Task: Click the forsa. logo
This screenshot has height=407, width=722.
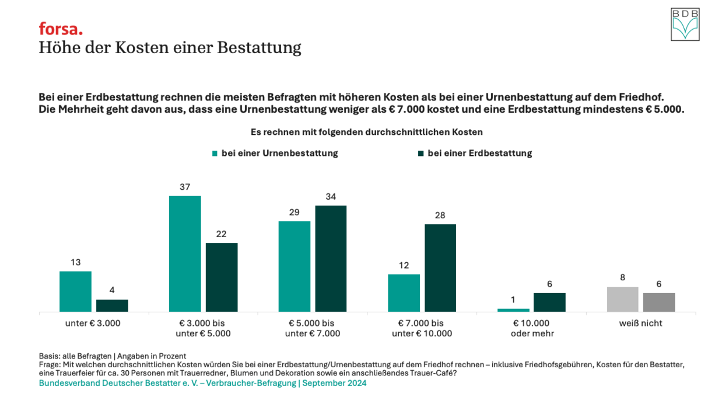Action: pyautogui.click(x=61, y=29)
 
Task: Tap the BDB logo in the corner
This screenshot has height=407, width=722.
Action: pyautogui.click(x=685, y=25)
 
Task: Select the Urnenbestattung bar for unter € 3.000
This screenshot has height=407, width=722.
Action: pyautogui.click(x=75, y=291)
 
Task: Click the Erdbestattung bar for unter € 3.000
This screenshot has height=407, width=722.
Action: pyautogui.click(x=112, y=305)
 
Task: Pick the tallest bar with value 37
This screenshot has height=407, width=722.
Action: pyautogui.click(x=185, y=253)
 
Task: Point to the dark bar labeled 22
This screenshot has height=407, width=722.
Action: pyautogui.click(x=222, y=277)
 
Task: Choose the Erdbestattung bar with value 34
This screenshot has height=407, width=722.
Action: pyautogui.click(x=331, y=258)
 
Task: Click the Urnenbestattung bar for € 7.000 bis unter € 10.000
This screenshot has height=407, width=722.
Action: pyautogui.click(x=404, y=293)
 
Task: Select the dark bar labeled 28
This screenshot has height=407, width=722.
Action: pyautogui.click(x=440, y=267)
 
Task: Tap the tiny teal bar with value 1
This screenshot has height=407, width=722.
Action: pyautogui.click(x=513, y=309)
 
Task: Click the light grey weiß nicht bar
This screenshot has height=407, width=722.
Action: pyautogui.click(x=622, y=299)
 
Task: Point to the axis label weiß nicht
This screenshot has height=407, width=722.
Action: pyautogui.click(x=640, y=323)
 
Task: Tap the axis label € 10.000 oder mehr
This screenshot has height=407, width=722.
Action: pyautogui.click(x=531, y=328)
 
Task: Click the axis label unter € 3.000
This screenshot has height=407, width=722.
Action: pyautogui.click(x=93, y=323)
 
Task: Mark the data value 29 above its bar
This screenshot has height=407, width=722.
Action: pyautogui.click(x=294, y=212)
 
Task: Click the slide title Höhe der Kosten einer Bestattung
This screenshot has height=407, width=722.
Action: pyautogui.click(x=170, y=47)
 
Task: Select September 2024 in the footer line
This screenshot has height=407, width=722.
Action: pyautogui.click(x=334, y=383)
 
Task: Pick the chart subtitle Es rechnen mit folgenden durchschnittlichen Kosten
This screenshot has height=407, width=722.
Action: pyautogui.click(x=366, y=132)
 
